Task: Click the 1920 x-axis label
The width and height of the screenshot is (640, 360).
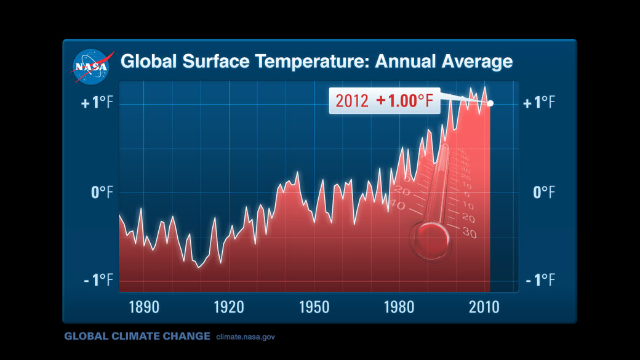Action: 229,306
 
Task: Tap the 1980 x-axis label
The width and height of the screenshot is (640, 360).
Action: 399,306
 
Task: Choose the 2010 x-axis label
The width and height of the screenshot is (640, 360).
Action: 484,306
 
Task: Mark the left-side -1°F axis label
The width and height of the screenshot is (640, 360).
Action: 98,281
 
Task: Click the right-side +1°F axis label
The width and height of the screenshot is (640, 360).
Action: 539,103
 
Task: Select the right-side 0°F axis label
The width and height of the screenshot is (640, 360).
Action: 544,193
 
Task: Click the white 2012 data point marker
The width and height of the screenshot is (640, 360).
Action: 490,103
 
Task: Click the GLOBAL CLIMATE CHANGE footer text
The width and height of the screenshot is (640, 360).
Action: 137,337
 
